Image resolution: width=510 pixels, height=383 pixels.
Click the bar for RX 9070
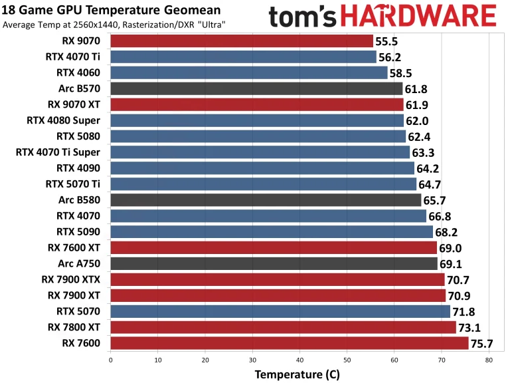point(242,41)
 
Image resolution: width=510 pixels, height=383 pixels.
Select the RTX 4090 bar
point(262,168)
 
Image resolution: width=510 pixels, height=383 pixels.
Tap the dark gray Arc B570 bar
point(256,88)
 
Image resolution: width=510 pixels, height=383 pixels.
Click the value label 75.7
point(483,344)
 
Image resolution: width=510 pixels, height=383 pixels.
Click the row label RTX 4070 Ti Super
point(58,152)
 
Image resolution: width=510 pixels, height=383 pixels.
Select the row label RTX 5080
point(78,136)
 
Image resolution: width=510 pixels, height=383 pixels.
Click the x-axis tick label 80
point(489,360)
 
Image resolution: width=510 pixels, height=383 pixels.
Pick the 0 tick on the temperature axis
point(110,360)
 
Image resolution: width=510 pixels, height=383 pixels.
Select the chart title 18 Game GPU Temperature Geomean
point(94,11)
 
